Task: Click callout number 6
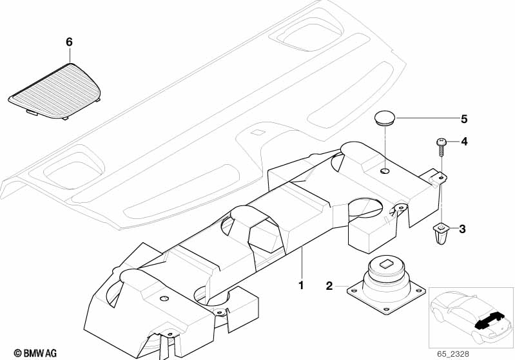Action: pos(69,42)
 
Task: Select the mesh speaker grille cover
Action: pos(55,90)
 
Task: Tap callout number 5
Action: pos(464,118)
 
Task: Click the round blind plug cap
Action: pos(385,118)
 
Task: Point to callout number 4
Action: pos(464,142)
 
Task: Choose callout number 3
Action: pos(462,229)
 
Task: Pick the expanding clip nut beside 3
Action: pos(441,232)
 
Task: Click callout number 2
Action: pos(329,286)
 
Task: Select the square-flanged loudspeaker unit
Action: pos(386,284)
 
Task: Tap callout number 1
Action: pos(301,285)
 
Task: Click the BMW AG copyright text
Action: pos(35,353)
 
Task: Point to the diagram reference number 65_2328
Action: pos(453,354)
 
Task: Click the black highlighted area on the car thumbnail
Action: pos(489,321)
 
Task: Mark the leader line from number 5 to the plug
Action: pos(427,118)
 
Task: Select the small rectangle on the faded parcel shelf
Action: pos(258,133)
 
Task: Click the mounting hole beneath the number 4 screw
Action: pos(442,178)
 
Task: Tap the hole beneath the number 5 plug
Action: pos(384,171)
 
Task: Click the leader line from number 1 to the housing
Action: pos(302,263)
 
